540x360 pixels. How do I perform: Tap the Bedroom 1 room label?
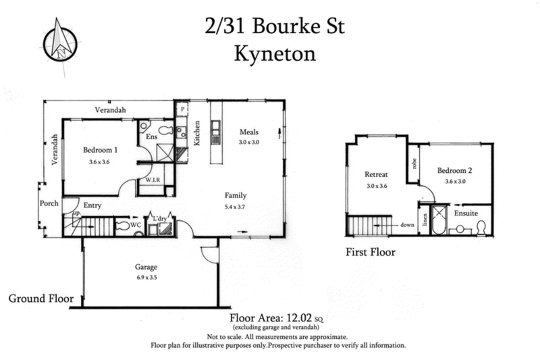click(x=101, y=150)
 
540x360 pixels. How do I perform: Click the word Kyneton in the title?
click(x=275, y=53)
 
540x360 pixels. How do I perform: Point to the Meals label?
click(x=249, y=132)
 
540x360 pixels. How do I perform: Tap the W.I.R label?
click(x=148, y=180)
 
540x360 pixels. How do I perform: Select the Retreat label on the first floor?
click(x=375, y=173)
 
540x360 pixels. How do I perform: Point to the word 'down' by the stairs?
click(x=407, y=225)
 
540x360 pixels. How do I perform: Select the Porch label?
click(x=49, y=203)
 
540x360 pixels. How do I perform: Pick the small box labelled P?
click(x=182, y=109)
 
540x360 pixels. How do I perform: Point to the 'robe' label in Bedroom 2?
click(x=412, y=163)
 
